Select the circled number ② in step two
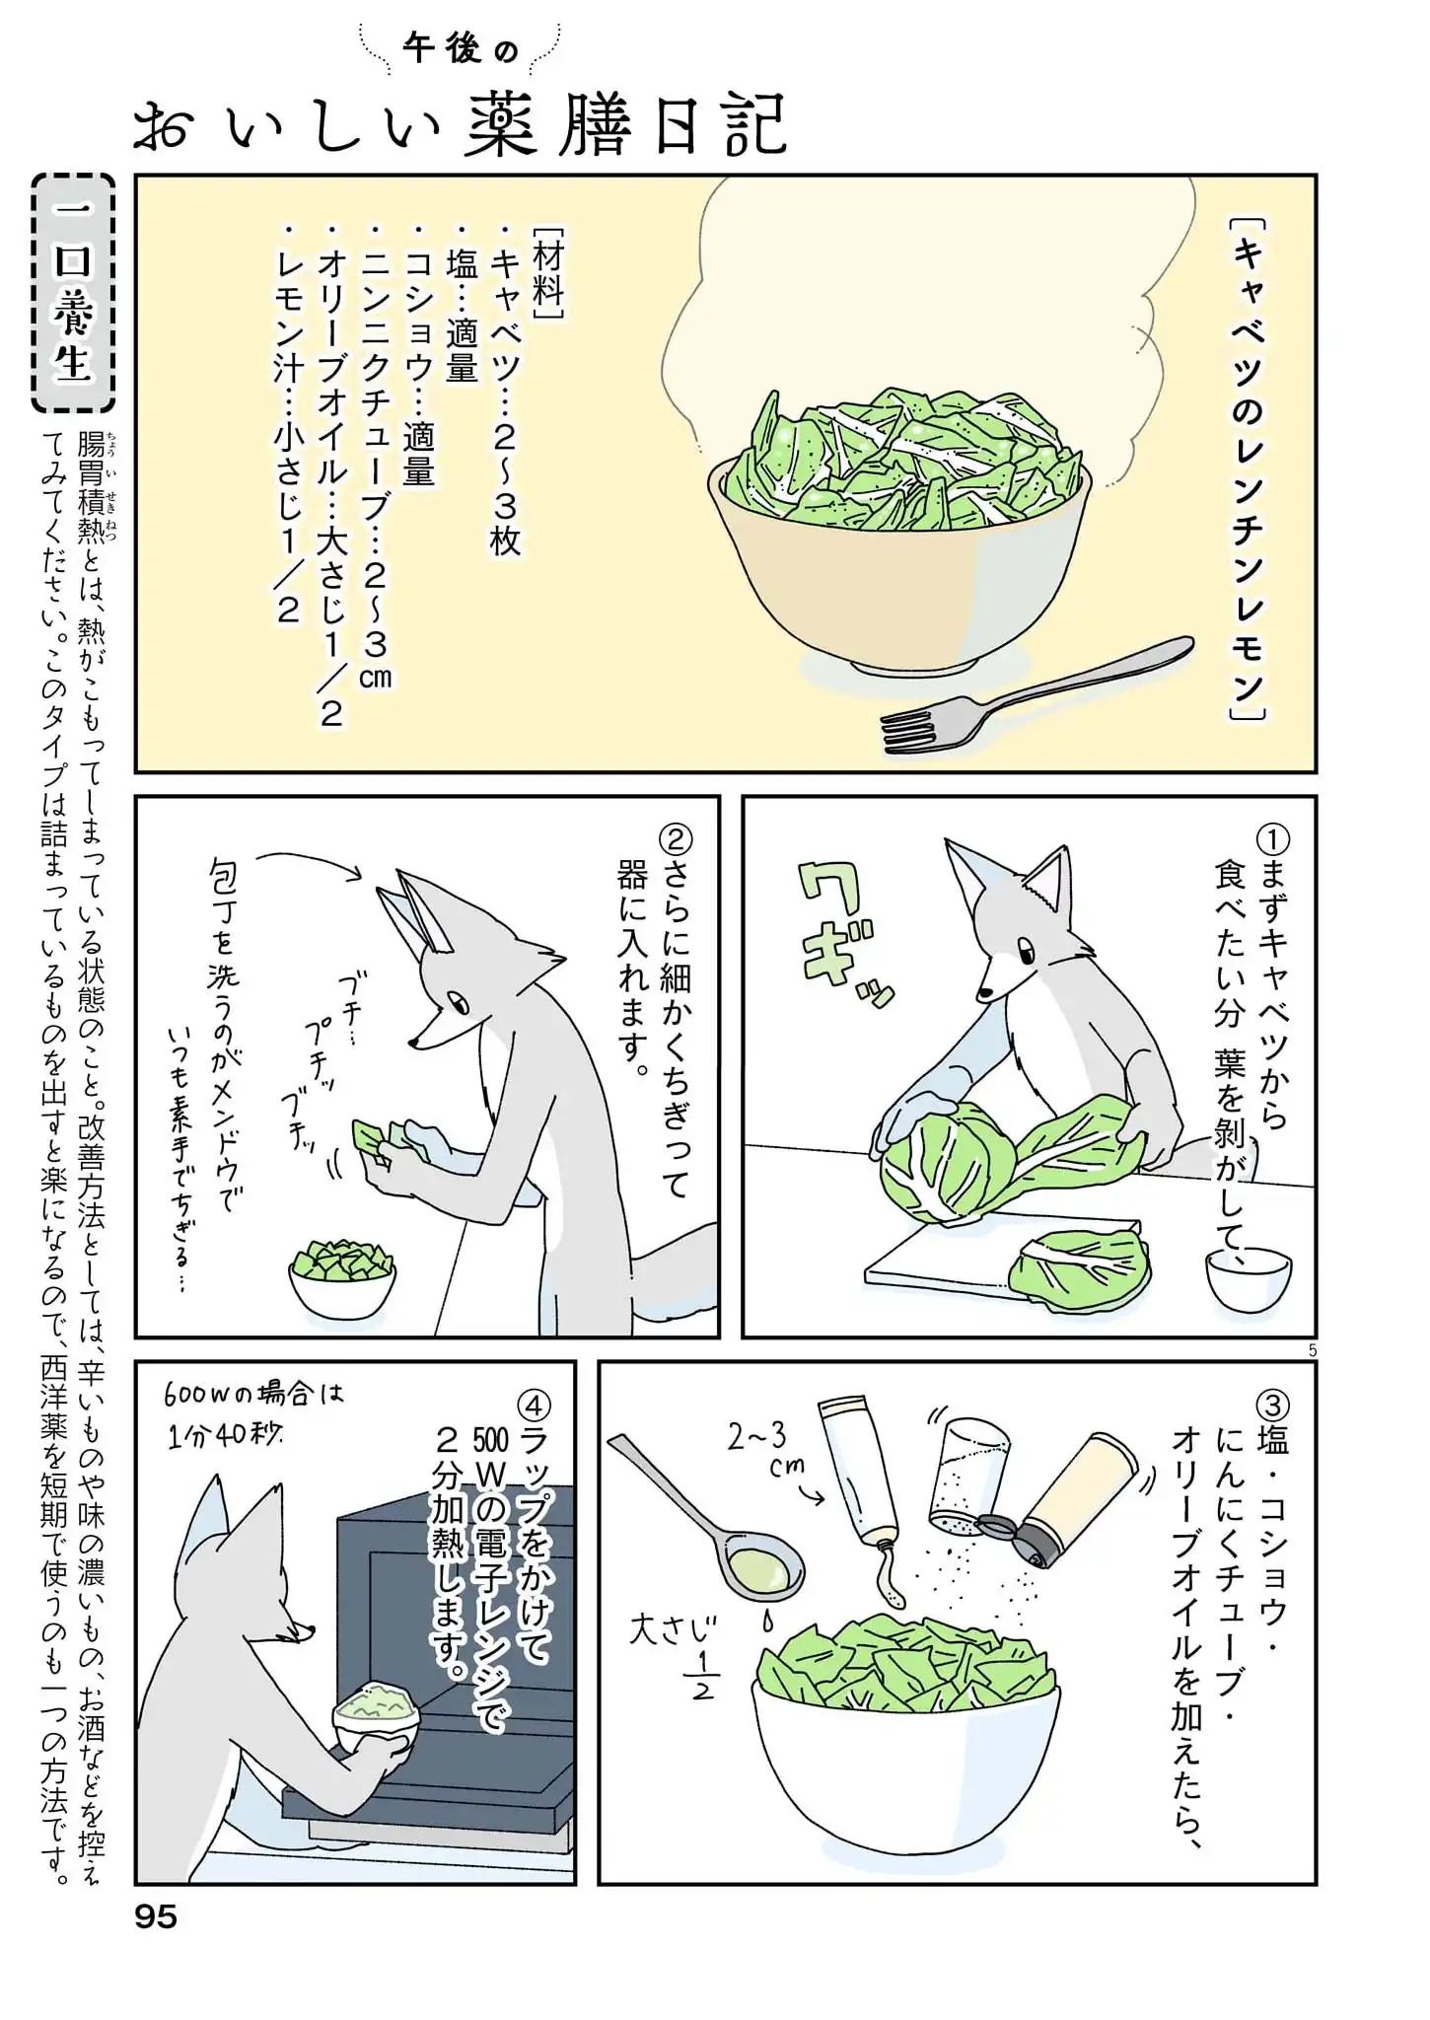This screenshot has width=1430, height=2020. [x=677, y=840]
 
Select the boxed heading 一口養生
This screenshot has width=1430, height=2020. [x=74, y=293]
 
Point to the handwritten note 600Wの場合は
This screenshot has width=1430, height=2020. [x=254, y=1396]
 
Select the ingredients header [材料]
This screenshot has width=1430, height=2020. [x=547, y=272]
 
